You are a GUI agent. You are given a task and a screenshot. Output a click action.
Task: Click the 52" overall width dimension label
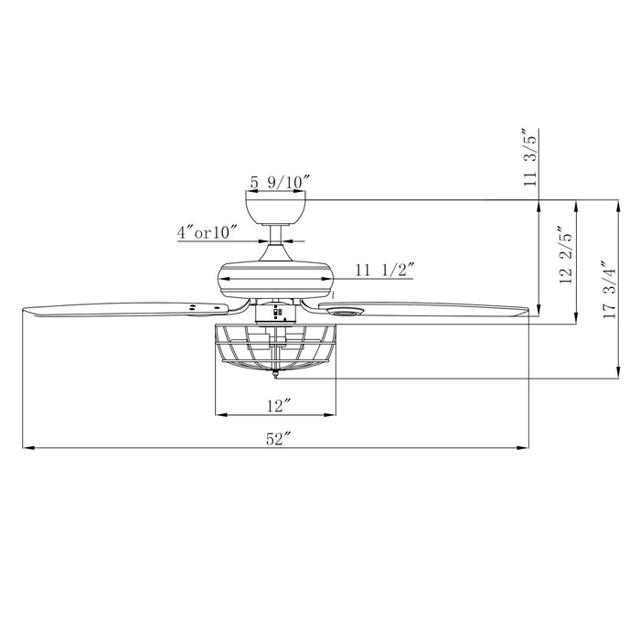pyautogui.click(x=277, y=439)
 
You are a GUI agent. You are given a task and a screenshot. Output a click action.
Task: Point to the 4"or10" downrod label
pyautogui.click(x=208, y=232)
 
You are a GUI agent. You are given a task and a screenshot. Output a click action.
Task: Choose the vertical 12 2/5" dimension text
pyautogui.click(x=567, y=255)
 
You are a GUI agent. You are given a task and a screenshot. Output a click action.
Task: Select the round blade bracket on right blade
pyautogui.click(x=346, y=313)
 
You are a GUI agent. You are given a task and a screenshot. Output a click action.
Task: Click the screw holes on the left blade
pyautogui.click(x=194, y=308)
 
